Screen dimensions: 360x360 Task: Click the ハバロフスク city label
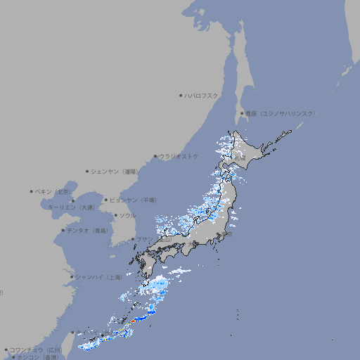202,95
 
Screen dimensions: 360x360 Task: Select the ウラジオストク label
179,156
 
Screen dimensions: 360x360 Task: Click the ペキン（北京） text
53,191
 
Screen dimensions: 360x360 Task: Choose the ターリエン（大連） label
71,207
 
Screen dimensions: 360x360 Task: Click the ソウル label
127,215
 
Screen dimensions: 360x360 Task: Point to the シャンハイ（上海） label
98,277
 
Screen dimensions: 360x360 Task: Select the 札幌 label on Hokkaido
240,158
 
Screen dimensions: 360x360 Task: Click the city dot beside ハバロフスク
181,95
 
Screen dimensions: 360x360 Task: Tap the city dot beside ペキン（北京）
32,191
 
